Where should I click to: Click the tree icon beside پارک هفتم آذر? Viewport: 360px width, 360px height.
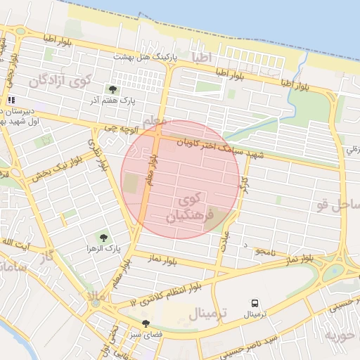[x=112, y=89]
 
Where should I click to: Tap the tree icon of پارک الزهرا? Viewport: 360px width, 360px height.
[x=104, y=238]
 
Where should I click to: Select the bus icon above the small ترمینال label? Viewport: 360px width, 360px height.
[x=253, y=303]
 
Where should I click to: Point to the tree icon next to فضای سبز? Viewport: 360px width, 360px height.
[x=146, y=324]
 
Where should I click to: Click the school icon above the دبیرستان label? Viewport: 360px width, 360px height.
[x=11, y=101]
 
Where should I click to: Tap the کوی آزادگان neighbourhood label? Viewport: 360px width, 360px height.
[x=60, y=82]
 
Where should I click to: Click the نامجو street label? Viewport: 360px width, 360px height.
[x=263, y=251]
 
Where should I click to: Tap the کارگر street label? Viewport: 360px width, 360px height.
[x=244, y=186]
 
